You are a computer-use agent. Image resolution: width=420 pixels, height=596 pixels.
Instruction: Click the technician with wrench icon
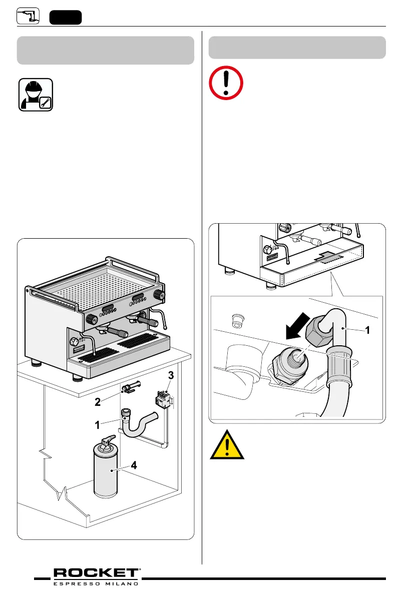click(x=36, y=95)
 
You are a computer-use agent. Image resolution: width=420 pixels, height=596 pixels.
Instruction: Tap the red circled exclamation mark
click(x=226, y=83)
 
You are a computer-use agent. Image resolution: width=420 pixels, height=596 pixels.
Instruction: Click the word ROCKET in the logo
click(x=96, y=573)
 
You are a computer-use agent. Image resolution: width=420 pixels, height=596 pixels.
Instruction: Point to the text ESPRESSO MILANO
click(x=96, y=583)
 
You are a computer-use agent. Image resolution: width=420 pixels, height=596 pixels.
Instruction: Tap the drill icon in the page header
click(x=28, y=16)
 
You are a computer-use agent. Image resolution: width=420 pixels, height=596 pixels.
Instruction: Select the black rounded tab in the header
click(x=65, y=17)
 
